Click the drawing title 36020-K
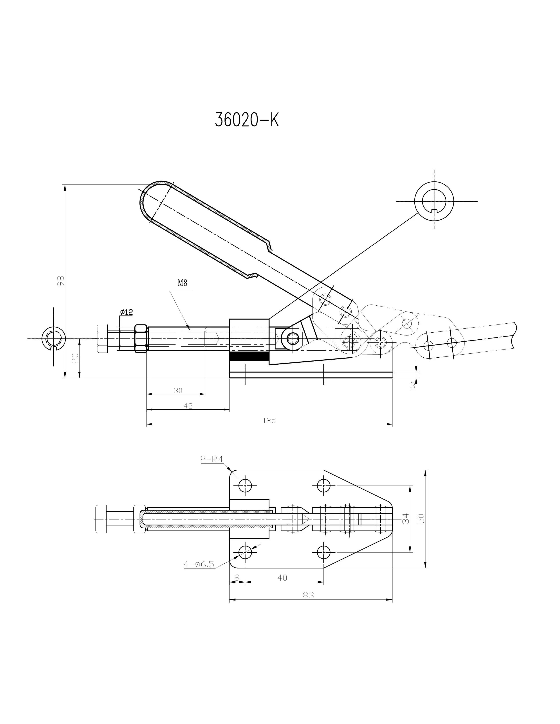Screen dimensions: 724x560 tap(247, 120)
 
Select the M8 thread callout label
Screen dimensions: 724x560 tap(182, 283)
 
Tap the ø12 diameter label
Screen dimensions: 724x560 tap(126, 312)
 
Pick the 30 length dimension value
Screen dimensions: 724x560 tap(178, 391)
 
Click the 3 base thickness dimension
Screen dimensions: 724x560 tap(413, 385)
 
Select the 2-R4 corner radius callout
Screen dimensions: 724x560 tap(211, 459)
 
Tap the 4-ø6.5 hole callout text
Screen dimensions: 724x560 tap(199, 565)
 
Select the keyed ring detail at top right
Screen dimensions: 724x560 tap(434, 201)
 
